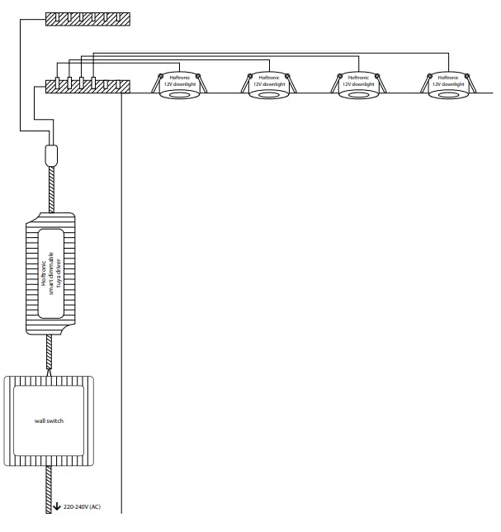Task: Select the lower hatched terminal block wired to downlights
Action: (87, 84)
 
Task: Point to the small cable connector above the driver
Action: (51, 154)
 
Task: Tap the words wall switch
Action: (50, 420)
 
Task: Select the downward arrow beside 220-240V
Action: (57, 506)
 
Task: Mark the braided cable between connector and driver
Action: (51, 188)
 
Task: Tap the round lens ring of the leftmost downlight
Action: (178, 95)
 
